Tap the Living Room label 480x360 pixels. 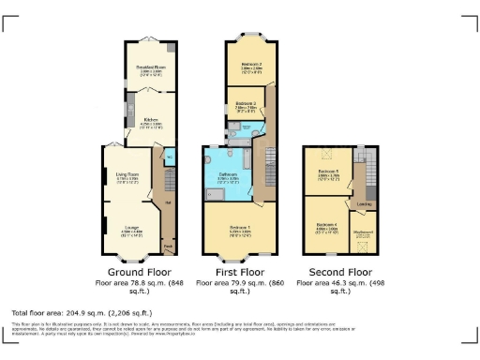tap(127, 175)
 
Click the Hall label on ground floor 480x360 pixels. tap(168, 202)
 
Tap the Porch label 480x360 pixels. tap(168, 248)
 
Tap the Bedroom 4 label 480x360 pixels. tap(326, 225)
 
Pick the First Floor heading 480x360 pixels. tap(243, 271)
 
